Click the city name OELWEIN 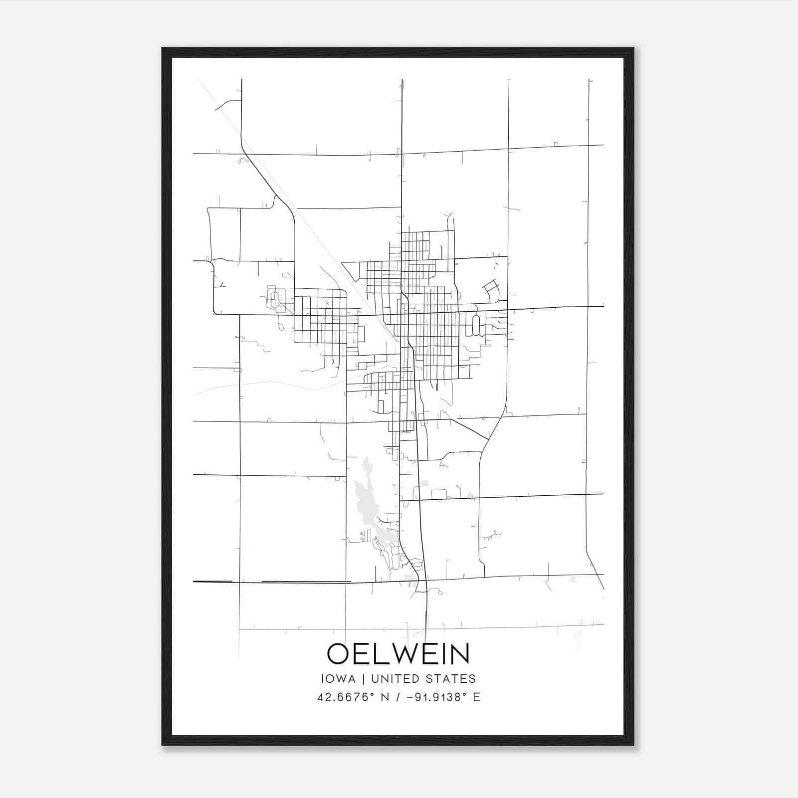tap(398, 653)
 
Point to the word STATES tap(450, 679)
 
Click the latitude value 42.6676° tap(346, 697)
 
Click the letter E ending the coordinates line tap(477, 697)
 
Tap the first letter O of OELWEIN tap(339, 653)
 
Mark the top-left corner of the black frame tap(163, 49)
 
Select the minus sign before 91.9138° tap(410, 697)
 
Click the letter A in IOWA tap(352, 679)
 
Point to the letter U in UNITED tap(375, 679)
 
